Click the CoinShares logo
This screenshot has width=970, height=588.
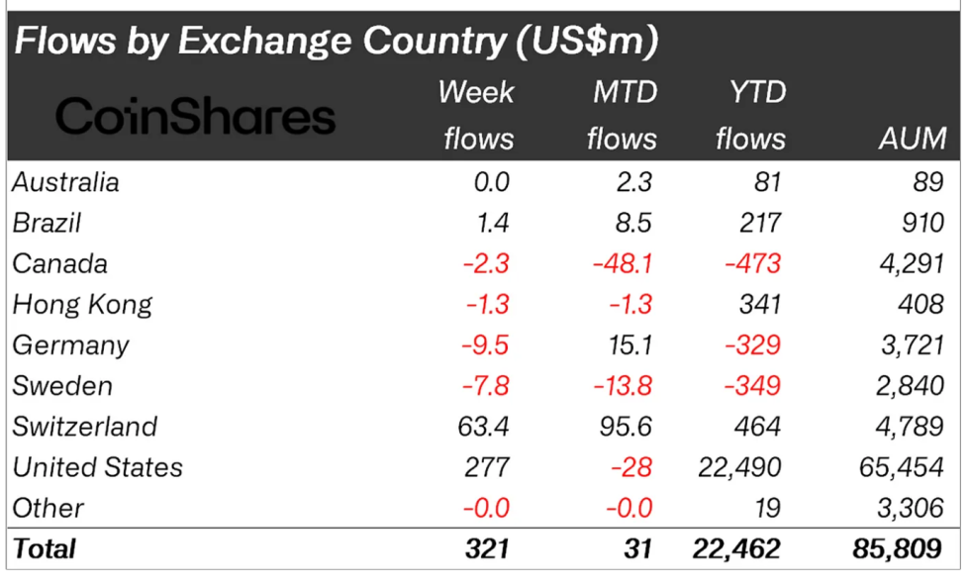click(x=196, y=116)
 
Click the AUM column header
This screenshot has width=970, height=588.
click(x=913, y=139)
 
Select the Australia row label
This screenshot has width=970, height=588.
click(x=66, y=182)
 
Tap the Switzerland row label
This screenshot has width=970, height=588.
click(x=85, y=427)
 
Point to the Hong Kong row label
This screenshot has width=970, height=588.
click(x=82, y=304)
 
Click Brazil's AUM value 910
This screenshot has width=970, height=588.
click(x=921, y=223)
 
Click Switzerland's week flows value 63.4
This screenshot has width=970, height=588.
click(x=484, y=427)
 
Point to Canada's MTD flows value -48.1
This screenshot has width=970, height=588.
click(x=621, y=263)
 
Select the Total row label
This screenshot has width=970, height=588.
click(x=45, y=547)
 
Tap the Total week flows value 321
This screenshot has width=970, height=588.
click(x=487, y=547)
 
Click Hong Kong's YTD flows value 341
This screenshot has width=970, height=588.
click(x=759, y=304)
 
